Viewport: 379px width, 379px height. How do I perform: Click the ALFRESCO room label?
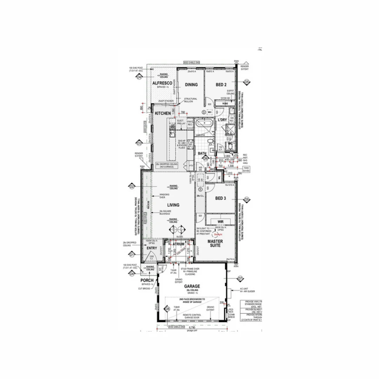162,83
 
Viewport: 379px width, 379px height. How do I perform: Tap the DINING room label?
191,85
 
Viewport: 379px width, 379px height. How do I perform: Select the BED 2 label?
221,85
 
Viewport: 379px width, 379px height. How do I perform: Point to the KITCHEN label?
163,113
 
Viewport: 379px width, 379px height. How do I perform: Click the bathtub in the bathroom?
203,124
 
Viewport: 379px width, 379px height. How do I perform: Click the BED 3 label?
220,198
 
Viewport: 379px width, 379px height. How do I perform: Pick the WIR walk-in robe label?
220,222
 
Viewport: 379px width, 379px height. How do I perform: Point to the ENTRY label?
152,248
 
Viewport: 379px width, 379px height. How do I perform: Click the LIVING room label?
173,205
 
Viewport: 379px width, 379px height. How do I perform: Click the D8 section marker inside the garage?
167,308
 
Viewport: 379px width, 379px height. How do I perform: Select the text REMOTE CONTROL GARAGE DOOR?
192,317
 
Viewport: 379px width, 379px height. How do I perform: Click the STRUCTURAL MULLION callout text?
191,100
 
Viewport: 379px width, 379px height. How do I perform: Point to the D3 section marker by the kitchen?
139,143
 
